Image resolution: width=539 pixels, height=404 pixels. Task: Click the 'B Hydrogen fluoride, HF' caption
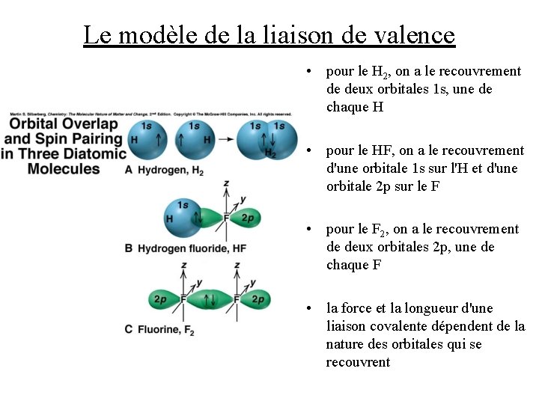185,248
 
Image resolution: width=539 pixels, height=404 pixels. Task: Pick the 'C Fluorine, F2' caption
159,329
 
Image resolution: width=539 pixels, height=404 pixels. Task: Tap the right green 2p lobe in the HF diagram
248,218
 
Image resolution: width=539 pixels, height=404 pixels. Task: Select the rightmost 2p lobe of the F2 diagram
256,300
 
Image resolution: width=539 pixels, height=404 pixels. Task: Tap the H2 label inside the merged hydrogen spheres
270,153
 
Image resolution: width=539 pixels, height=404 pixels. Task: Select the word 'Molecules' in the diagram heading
64,168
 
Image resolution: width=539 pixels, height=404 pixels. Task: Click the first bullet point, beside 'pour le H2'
308,72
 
